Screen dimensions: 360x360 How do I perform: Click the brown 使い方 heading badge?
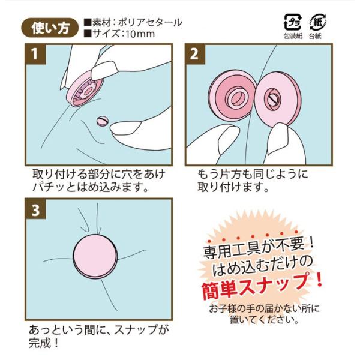(x=50, y=28)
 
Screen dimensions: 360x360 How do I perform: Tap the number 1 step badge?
(x=35, y=53)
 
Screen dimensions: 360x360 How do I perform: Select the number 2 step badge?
(x=195, y=53)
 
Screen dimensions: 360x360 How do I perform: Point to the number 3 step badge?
(x=35, y=209)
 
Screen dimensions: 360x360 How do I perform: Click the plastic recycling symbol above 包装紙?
(x=293, y=22)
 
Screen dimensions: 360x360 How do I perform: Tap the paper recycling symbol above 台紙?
(x=317, y=22)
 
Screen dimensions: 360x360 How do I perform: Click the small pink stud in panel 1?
(x=102, y=121)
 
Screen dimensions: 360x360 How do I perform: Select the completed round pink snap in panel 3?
(x=95, y=256)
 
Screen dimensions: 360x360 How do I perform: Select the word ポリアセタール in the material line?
(x=150, y=23)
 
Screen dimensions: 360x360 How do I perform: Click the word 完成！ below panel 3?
(x=44, y=343)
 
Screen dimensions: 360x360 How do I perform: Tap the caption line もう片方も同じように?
(x=253, y=175)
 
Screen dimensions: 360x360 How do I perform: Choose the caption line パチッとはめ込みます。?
(x=90, y=187)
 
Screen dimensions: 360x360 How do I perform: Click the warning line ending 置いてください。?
(x=265, y=319)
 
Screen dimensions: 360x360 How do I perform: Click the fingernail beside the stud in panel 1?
(x=126, y=128)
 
